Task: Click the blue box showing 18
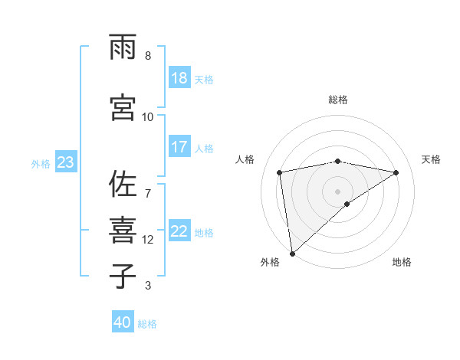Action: pyautogui.click(x=179, y=78)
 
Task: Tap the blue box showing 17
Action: pyautogui.click(x=179, y=147)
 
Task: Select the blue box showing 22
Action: pyautogui.click(x=179, y=232)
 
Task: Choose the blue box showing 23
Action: pyautogui.click(x=65, y=162)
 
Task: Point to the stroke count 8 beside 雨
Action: pyautogui.click(x=148, y=56)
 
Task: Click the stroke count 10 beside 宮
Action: pyautogui.click(x=148, y=116)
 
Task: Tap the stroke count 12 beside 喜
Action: pyautogui.click(x=148, y=240)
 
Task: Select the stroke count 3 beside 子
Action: pyautogui.click(x=148, y=286)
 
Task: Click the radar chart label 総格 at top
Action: pyautogui.click(x=338, y=100)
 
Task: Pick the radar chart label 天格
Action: pyautogui.click(x=431, y=159)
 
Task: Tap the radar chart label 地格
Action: pyautogui.click(x=402, y=262)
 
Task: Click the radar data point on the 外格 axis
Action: pyautogui.click(x=292, y=253)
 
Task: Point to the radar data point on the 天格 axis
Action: pyautogui.click(x=396, y=172)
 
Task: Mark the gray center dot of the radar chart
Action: pyautogui.click(x=337, y=191)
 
